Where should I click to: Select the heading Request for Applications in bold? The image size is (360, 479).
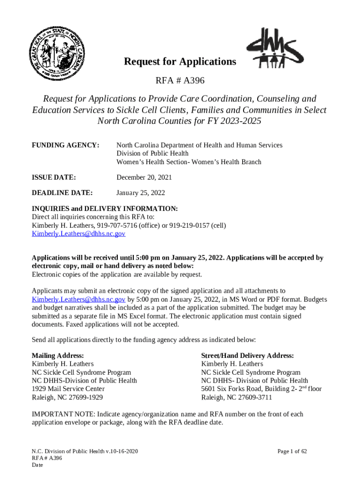coord(180,62)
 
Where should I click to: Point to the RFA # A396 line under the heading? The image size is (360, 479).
coord(180,81)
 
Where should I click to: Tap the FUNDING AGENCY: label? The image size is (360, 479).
coord(65,145)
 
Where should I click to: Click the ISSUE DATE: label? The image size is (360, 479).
coord(54,177)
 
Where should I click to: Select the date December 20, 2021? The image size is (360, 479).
coord(144,177)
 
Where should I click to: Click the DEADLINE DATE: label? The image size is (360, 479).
coord(62,193)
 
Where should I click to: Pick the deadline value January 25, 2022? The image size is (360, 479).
coord(140,193)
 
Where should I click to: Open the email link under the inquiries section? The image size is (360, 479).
coord(78,233)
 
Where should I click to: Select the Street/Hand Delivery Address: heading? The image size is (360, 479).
coord(247,356)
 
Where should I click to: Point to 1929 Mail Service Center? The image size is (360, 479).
coord(68,389)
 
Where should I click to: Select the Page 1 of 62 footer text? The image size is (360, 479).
coord(292,451)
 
